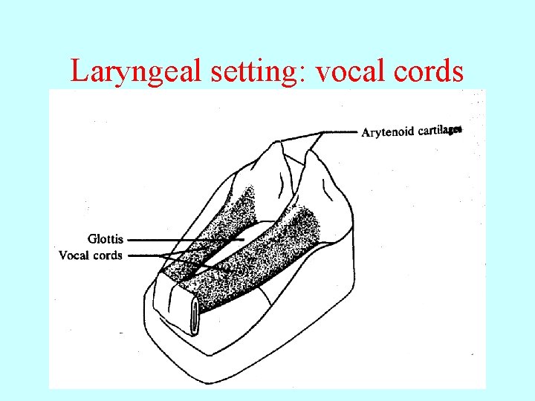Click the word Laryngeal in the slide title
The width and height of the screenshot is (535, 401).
click(x=126, y=72)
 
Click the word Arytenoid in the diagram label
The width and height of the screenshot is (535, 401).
click(x=389, y=133)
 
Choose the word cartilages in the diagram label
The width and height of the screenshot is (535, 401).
click(x=439, y=131)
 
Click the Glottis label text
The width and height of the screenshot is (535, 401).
click(x=106, y=239)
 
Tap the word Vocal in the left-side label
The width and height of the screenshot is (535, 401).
click(x=74, y=255)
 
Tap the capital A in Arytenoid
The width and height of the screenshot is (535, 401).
click(x=366, y=133)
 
